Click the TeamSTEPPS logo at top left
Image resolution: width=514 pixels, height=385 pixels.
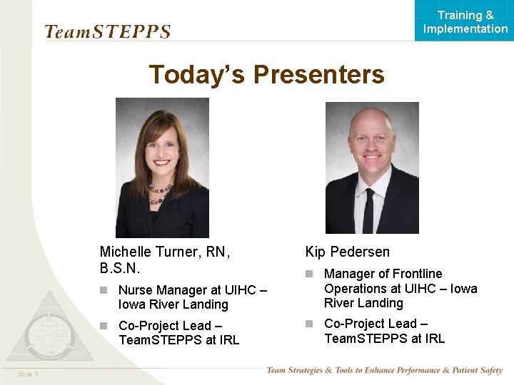(x=107, y=31)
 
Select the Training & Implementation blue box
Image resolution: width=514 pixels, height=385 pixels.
(x=465, y=21)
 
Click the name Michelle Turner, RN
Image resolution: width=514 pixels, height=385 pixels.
(x=163, y=251)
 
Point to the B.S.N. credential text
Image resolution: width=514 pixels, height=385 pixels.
(x=120, y=268)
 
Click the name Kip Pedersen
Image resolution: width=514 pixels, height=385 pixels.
(x=348, y=252)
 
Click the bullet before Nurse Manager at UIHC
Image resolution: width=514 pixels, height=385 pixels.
(x=104, y=290)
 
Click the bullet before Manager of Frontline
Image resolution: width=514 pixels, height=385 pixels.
(x=310, y=274)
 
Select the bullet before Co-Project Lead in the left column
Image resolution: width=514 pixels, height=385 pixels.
(x=104, y=325)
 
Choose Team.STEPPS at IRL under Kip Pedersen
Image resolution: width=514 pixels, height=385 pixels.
(x=384, y=338)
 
